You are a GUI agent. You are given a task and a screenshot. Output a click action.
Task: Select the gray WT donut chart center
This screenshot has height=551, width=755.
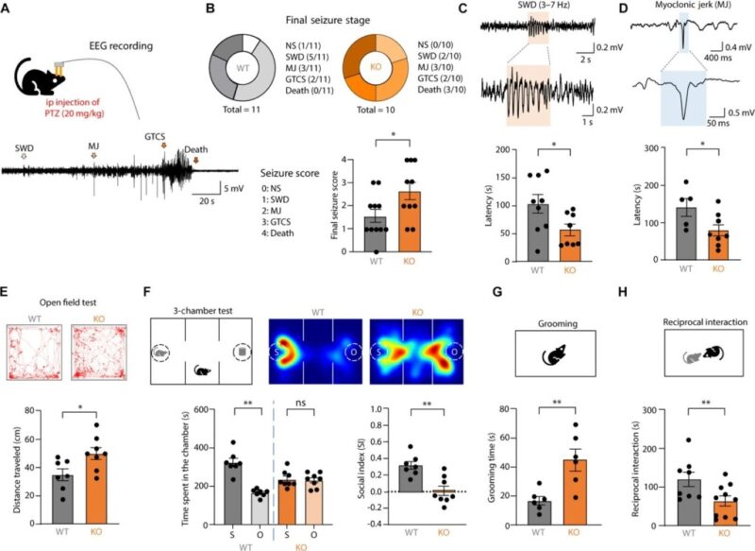click(246, 68)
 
